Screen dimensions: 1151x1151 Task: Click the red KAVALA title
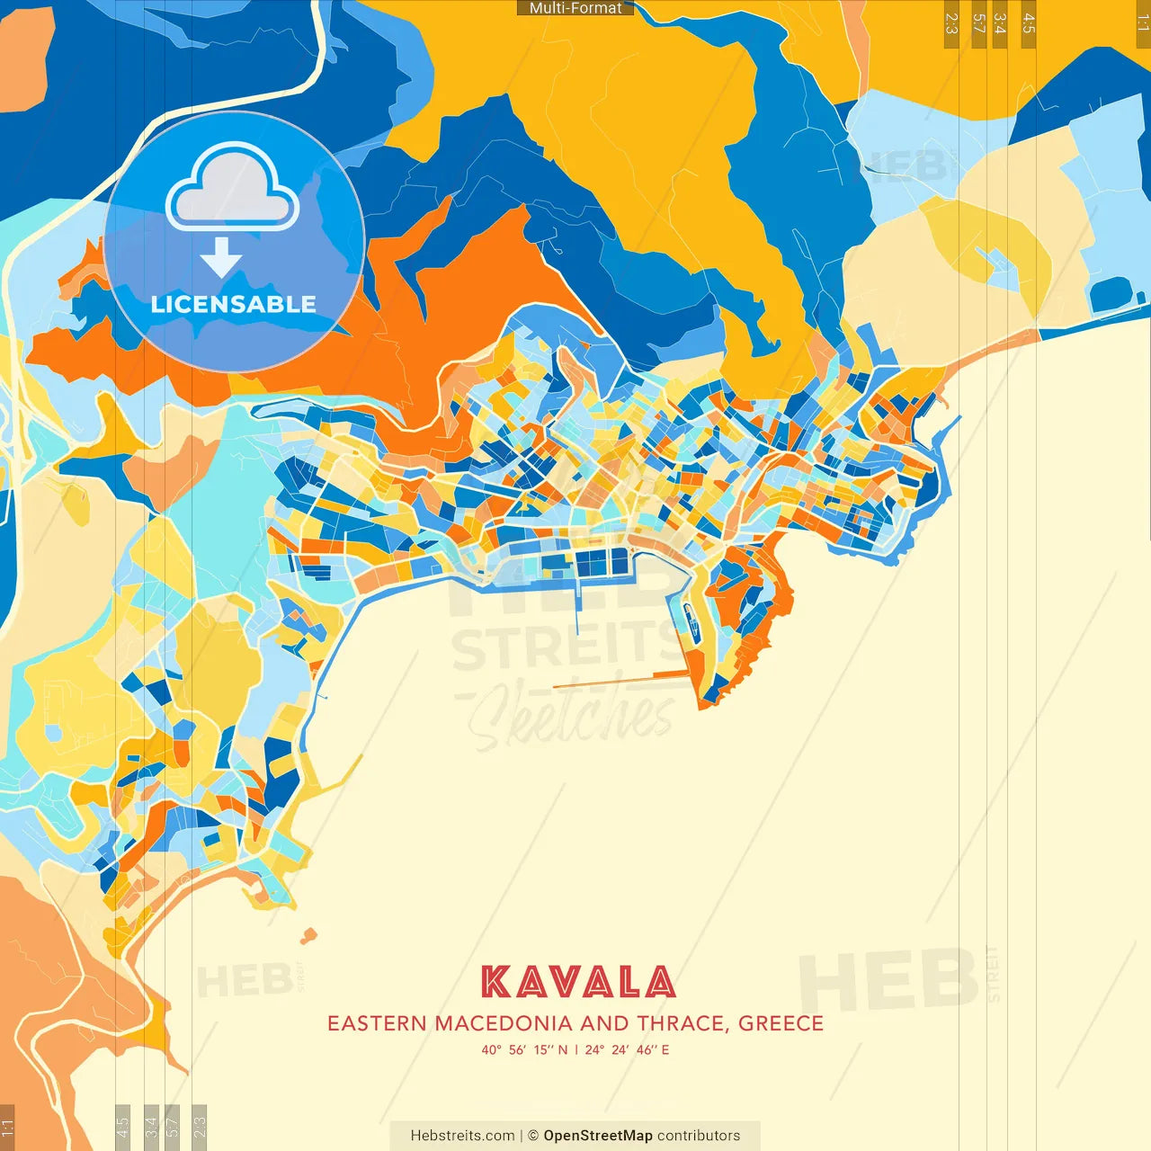click(577, 982)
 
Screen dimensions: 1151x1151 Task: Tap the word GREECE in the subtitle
click(781, 1023)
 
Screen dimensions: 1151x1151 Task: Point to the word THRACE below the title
click(682, 1023)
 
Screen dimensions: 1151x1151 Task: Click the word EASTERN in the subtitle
click(378, 1023)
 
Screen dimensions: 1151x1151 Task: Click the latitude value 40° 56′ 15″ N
click(524, 1049)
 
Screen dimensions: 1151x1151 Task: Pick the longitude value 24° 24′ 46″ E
click(627, 1049)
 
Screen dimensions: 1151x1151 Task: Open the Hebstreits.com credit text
click(463, 1136)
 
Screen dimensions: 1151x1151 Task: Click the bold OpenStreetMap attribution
click(598, 1136)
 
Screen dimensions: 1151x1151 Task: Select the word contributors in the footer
click(699, 1136)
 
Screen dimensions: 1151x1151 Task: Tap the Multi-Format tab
click(575, 8)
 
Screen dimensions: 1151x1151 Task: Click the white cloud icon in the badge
click(233, 188)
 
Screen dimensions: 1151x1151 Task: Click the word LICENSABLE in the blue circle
click(234, 304)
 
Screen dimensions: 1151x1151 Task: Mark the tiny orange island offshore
click(308, 936)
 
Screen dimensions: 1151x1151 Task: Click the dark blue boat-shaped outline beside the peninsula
click(690, 620)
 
